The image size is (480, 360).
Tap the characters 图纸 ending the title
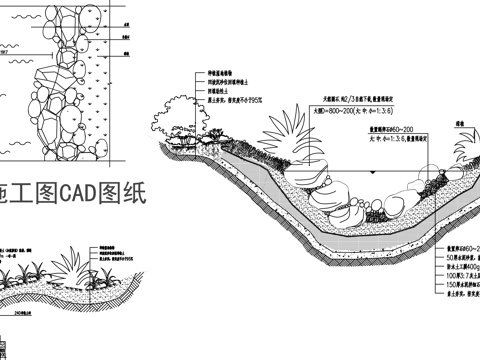129,194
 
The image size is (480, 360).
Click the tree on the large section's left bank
181,134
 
